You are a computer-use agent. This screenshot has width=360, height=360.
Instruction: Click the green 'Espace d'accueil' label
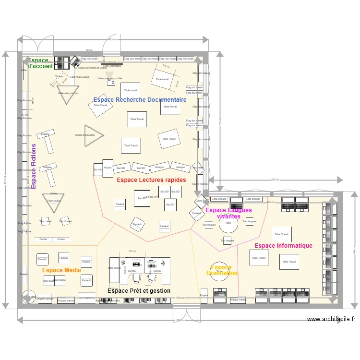[40, 63]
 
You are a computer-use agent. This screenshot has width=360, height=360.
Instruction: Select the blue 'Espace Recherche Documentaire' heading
[140, 100]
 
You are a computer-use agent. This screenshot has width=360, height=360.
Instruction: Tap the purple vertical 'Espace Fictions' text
[34, 166]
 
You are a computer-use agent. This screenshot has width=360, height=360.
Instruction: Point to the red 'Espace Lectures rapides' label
[151, 180]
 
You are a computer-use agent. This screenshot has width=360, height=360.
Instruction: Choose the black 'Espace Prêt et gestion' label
[139, 291]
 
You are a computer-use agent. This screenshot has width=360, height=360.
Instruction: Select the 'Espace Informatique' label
[283, 246]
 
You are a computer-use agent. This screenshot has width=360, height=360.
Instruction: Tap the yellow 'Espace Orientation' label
[221, 270]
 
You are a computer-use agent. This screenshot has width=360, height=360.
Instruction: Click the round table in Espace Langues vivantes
[228, 224]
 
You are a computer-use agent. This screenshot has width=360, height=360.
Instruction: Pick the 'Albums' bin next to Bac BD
[108, 168]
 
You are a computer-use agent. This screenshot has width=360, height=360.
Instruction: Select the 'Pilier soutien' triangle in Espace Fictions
[54, 202]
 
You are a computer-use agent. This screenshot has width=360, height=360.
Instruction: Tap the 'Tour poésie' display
[46, 221]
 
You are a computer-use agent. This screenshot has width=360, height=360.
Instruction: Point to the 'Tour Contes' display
[66, 221]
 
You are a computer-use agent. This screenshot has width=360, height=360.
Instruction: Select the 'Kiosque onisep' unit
[238, 300]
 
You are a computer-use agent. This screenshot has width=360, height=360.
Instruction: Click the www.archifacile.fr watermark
[331, 319]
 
